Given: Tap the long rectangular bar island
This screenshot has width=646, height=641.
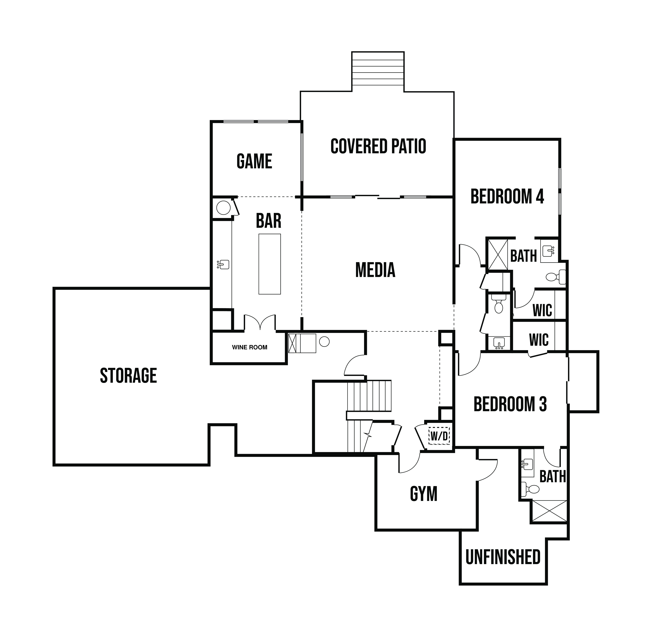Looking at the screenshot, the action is [270, 264].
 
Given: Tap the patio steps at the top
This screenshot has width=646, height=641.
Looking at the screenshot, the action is [378, 71].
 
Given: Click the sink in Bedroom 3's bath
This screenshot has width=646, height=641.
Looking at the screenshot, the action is [527, 464].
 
